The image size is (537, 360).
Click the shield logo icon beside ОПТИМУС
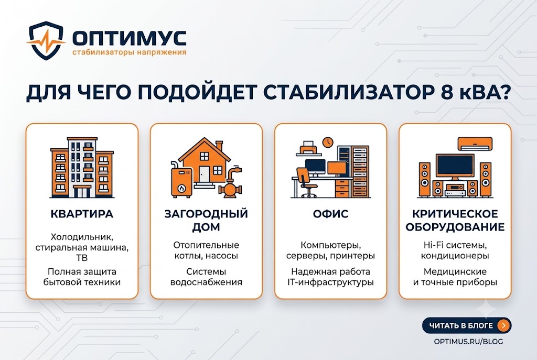click(x=46, y=40)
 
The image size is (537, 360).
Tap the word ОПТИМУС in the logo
click(x=130, y=38)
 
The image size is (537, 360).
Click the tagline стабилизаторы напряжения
click(x=130, y=52)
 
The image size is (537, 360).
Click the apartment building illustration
click(x=82, y=168)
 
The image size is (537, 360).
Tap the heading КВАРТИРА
click(x=82, y=214)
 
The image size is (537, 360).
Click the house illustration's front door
click(x=205, y=174)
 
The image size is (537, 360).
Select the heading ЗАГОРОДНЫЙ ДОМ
click(x=206, y=220)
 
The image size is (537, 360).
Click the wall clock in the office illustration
click(x=328, y=141)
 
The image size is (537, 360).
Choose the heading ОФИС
click(x=330, y=214)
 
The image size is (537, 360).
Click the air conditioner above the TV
click(x=475, y=144)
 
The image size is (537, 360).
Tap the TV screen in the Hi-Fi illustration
click(x=455, y=166)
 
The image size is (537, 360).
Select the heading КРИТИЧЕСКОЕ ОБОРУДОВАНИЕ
click(x=455, y=220)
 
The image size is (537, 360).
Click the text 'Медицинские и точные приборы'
click(x=455, y=277)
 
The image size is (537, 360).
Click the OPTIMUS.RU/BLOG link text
click(x=468, y=342)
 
